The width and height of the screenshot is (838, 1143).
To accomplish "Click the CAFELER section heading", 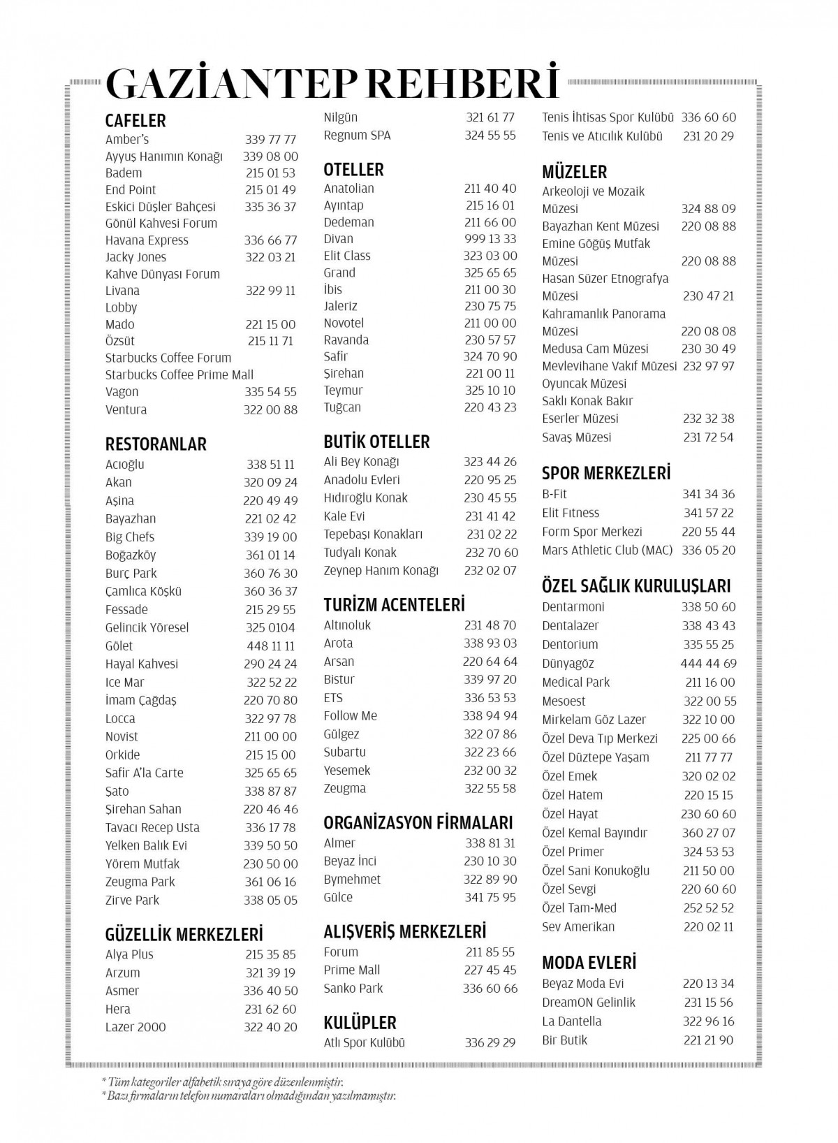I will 135,121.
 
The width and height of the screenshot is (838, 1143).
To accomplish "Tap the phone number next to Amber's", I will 271,140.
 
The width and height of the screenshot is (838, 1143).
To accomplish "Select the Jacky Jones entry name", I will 135,257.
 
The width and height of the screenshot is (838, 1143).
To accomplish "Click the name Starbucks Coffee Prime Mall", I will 179,374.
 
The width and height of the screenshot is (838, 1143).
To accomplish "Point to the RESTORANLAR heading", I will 156,444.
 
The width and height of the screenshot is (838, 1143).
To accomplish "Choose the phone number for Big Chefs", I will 271,537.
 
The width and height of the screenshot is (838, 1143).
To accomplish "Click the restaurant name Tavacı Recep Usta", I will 152,828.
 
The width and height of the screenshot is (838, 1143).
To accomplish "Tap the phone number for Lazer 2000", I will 271,1027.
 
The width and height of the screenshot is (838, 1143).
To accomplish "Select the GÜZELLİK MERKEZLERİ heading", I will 184,935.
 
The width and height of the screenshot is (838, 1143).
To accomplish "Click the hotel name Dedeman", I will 348,222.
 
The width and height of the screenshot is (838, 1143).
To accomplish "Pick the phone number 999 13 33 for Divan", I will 490,239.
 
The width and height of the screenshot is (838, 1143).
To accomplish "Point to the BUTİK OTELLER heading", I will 376,442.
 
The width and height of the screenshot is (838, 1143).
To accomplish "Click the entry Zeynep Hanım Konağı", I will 381,571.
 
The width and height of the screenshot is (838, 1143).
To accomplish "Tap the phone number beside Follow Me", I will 490,716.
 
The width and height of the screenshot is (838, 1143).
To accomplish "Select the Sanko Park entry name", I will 353,989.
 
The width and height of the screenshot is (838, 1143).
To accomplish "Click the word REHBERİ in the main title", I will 463,84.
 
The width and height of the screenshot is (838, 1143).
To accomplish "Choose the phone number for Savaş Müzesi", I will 709,437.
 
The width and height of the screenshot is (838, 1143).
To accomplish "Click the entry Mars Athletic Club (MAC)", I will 607,551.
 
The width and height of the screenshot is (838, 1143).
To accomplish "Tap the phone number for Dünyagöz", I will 708,664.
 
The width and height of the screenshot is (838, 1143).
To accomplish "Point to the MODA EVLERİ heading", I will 589,963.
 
